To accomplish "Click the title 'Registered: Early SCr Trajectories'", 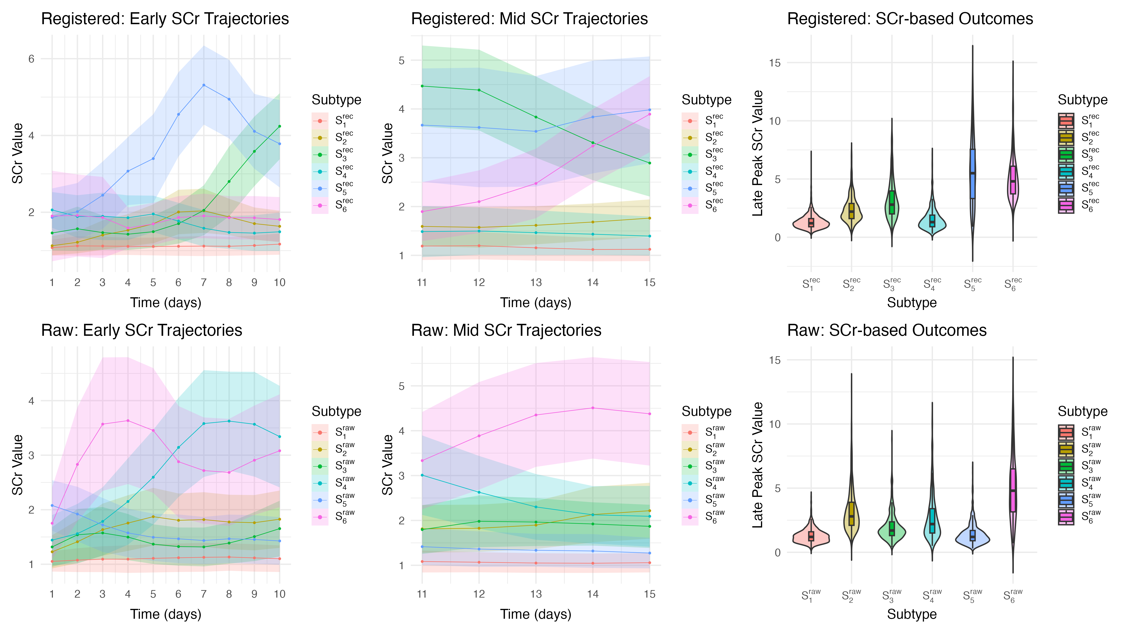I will (165, 19).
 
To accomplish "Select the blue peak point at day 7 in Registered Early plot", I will (203, 85).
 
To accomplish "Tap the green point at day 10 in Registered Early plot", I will (280, 126).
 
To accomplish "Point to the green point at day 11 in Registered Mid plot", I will (422, 86).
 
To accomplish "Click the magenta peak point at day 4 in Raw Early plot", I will (128, 421).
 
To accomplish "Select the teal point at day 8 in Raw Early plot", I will (229, 421).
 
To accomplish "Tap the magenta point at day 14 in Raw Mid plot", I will (593, 408).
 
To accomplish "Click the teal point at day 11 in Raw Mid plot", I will (422, 475).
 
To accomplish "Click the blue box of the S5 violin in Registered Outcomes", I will (973, 174).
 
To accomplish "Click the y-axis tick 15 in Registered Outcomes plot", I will (774, 62).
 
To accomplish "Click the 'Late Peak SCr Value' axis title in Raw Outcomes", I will (757, 465).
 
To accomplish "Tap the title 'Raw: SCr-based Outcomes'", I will (887, 330).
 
